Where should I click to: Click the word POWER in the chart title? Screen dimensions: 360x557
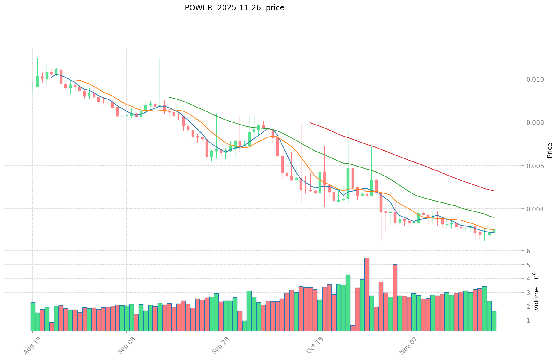click(196, 8)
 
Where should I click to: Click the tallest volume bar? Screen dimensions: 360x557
click(367, 294)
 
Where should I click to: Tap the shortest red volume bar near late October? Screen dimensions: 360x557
click(353, 328)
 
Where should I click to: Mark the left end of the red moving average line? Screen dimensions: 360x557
click(310, 123)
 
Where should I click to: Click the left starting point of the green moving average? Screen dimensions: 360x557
click(169, 97)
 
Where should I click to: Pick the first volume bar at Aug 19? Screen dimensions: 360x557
click(33, 317)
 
